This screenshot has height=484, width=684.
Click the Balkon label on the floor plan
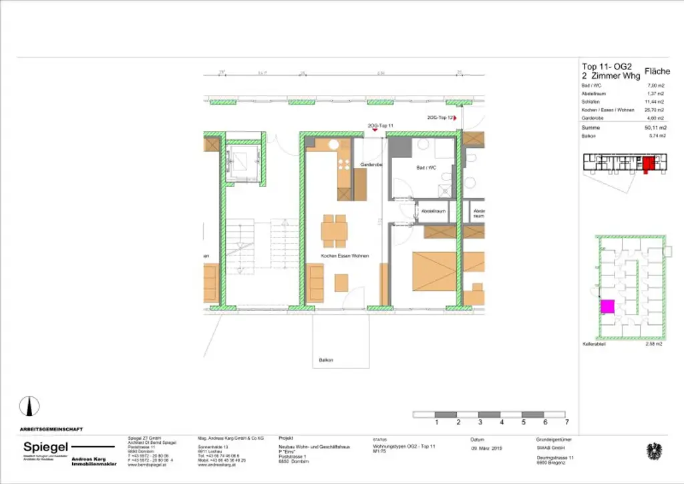click(x=326, y=360)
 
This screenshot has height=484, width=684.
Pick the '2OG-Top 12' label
click(x=440, y=117)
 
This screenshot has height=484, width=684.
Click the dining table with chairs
click(x=333, y=231)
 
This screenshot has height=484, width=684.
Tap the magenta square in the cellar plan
click(x=607, y=307)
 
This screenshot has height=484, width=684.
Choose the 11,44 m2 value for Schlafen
click(x=655, y=102)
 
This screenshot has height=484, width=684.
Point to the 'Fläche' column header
click(x=656, y=71)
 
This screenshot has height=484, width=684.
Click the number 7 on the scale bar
click(x=566, y=422)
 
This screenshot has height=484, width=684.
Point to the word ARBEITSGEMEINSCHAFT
click(x=51, y=429)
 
